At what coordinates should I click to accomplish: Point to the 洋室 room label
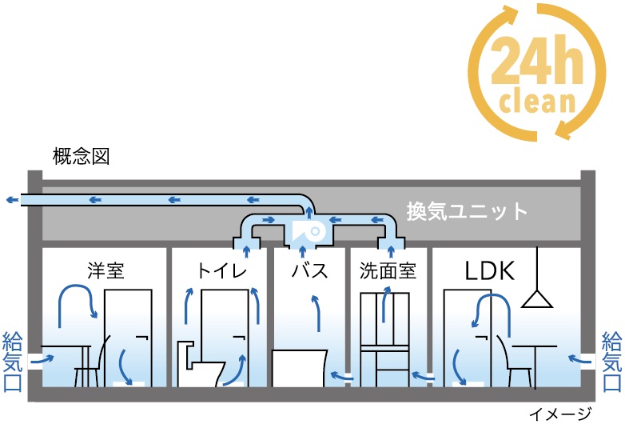(105, 270)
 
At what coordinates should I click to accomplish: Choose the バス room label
(311, 270)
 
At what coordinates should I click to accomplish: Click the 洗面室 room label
(388, 270)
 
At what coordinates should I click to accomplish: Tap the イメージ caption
(563, 414)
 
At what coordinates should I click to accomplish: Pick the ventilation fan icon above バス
(307, 231)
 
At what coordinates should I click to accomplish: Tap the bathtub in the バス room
(300, 369)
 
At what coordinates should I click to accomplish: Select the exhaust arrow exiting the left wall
(11, 200)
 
